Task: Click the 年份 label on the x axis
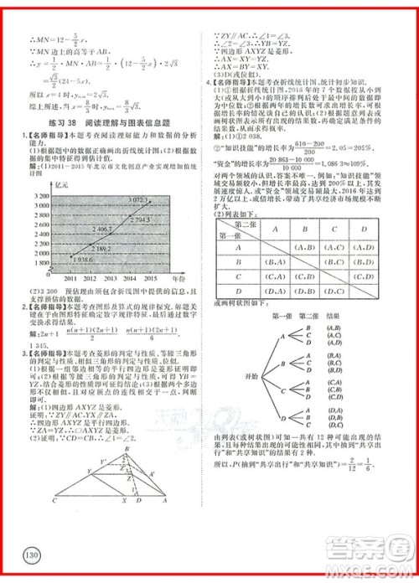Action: (177, 276)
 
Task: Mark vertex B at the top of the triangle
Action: (127, 448)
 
